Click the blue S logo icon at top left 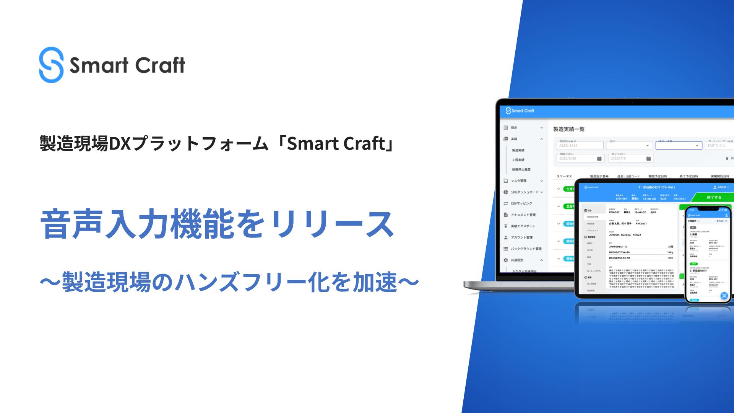click(51, 64)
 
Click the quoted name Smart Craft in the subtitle click(336, 143)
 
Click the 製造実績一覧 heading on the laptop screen click(569, 129)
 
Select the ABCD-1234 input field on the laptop click(580, 146)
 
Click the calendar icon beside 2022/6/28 click(599, 159)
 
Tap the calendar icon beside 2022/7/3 click(648, 159)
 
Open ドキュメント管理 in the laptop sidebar click(523, 215)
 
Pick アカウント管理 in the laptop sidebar click(521, 237)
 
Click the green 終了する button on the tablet click(714, 198)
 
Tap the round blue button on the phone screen click(724, 296)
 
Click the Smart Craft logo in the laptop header click(520, 111)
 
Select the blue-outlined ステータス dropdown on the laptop click(679, 146)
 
